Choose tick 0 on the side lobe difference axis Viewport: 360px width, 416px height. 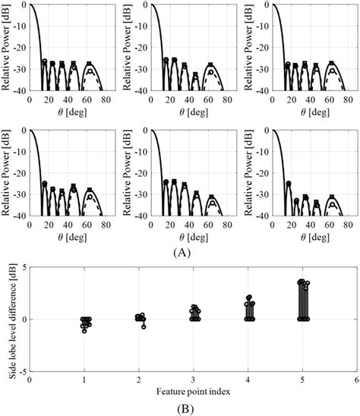pyautogui.click(x=24, y=320)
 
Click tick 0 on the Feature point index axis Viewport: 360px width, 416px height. pyautogui.click(x=30, y=379)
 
